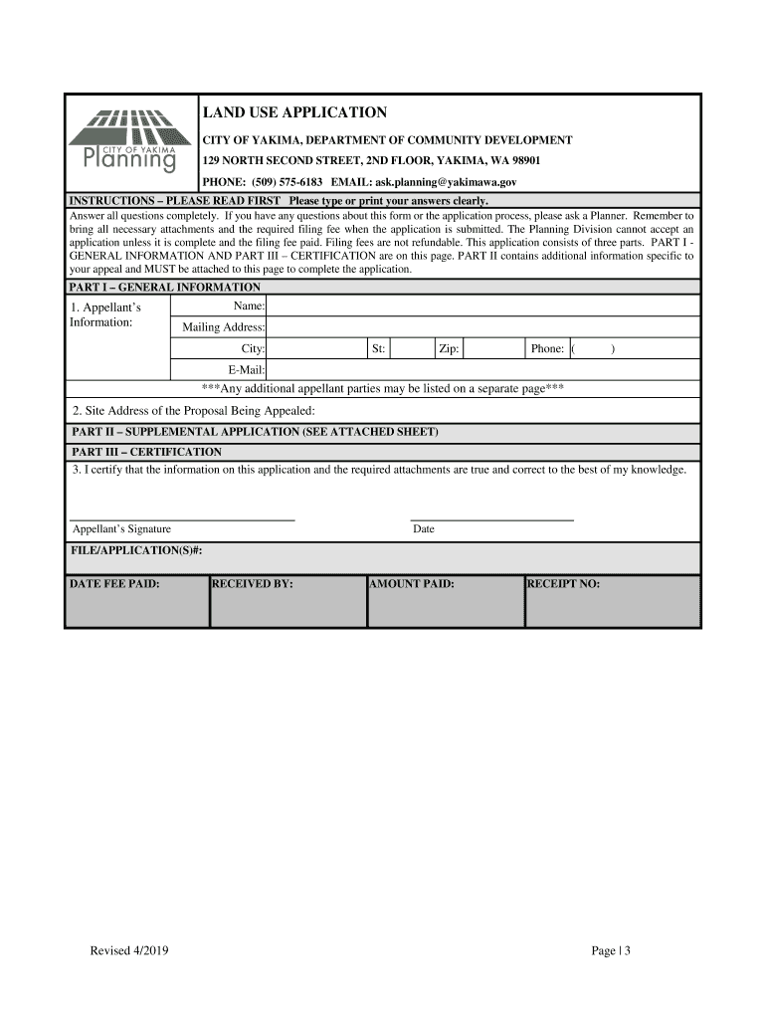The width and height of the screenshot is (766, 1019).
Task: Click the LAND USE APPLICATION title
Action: click(294, 112)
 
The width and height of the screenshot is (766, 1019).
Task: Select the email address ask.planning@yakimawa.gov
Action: click(445, 183)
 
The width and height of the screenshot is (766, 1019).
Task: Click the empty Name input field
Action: click(482, 306)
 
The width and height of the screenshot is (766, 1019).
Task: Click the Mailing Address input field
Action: click(482, 327)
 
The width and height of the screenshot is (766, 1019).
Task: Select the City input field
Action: click(315, 349)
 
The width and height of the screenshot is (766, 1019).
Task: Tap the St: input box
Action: click(409, 349)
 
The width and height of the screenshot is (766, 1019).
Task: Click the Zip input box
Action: click(493, 349)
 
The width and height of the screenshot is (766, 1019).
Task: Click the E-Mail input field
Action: click(482, 370)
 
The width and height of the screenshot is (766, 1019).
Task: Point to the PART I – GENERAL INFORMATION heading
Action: click(165, 287)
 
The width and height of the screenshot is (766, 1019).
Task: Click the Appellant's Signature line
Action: click(183, 517)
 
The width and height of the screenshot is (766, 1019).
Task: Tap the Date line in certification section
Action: click(492, 517)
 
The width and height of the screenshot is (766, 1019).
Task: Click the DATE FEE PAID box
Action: click(137, 602)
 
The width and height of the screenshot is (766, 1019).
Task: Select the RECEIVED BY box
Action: click(287, 602)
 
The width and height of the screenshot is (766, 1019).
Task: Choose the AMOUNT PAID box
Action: click(445, 602)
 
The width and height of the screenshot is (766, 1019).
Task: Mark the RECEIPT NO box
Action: click(612, 602)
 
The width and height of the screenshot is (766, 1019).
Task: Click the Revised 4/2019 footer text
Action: click(129, 951)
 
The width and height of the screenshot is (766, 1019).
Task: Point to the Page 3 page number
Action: click(611, 951)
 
